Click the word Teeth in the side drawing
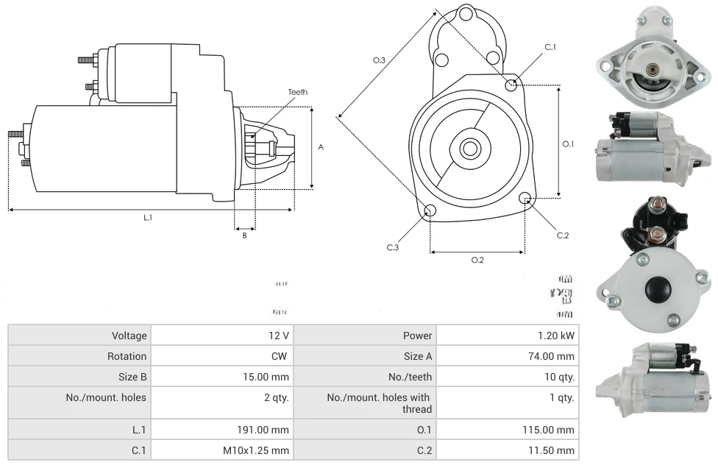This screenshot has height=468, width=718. (297, 92)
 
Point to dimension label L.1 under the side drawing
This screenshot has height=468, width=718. (148, 218)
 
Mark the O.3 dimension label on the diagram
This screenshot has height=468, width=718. (380, 60)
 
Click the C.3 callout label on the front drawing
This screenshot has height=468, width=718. (393, 247)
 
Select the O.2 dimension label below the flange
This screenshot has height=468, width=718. (477, 260)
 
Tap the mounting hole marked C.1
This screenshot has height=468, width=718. (511, 85)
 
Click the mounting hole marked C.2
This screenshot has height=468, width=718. (525, 198)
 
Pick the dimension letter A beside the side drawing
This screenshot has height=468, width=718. (321, 147)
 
